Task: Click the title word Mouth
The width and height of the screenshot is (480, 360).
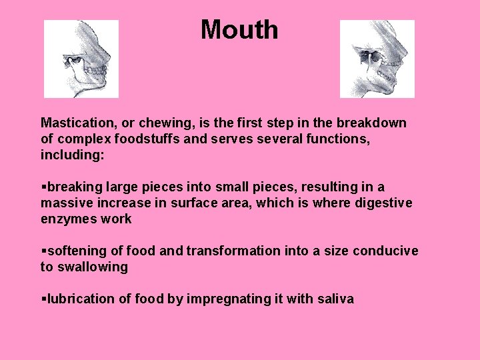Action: [239, 30]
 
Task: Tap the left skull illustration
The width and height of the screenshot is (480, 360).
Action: [81, 59]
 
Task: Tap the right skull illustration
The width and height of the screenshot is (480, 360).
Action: [377, 59]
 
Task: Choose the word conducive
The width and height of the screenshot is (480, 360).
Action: [385, 251]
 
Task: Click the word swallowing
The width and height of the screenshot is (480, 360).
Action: [93, 267]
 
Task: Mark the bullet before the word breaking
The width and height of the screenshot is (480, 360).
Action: [43, 187]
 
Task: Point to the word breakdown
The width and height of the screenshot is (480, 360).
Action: [375, 123]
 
